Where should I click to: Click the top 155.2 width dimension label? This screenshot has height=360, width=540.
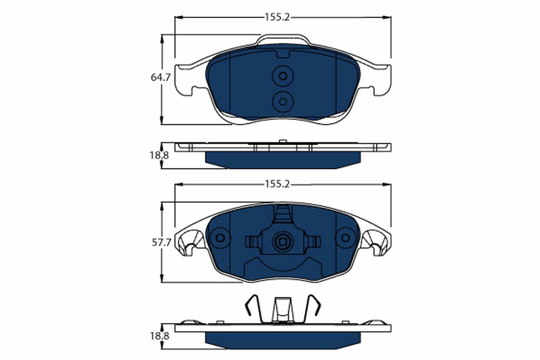click(276, 17)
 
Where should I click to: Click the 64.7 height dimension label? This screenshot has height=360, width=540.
click(160, 77)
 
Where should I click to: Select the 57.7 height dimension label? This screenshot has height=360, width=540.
click(160, 243)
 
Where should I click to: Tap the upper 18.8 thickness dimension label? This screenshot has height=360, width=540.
click(159, 156)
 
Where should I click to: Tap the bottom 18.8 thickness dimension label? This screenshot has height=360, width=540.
click(159, 336)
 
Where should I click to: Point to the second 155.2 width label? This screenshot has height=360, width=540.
click(276, 184)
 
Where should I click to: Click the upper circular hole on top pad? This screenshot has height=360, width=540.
click(283, 76)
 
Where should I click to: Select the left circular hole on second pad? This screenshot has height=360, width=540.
click(220, 238)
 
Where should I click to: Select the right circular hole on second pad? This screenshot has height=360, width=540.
click(346, 238)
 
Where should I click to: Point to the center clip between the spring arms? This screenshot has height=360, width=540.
click(283, 310)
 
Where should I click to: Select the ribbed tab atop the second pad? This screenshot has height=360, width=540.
click(283, 213)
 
